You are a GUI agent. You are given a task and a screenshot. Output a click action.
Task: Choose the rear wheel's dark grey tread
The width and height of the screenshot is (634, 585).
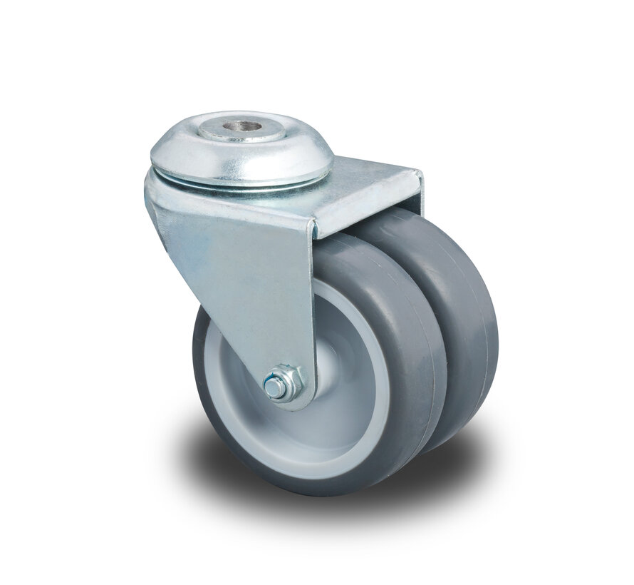pos(463,321)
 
